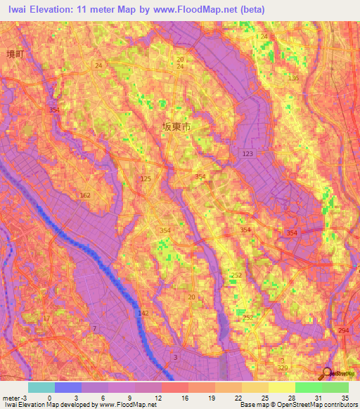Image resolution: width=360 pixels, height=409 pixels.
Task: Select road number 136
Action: [x=292, y=78]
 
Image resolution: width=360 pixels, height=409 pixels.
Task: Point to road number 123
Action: [x=247, y=153]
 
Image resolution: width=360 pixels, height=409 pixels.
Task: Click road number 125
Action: [x=146, y=179]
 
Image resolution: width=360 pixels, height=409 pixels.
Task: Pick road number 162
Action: [x=85, y=195]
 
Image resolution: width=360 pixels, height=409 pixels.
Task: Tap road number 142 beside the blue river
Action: [x=143, y=313]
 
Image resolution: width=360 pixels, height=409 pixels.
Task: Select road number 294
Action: [x=344, y=330]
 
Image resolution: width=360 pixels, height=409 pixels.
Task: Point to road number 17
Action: [x=46, y=319]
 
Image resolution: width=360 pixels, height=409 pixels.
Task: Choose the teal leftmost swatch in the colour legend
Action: [x=41, y=387]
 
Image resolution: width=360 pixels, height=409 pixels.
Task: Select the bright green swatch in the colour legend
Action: [x=308, y=387]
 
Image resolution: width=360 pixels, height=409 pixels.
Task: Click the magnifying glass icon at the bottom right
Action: [x=327, y=373]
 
